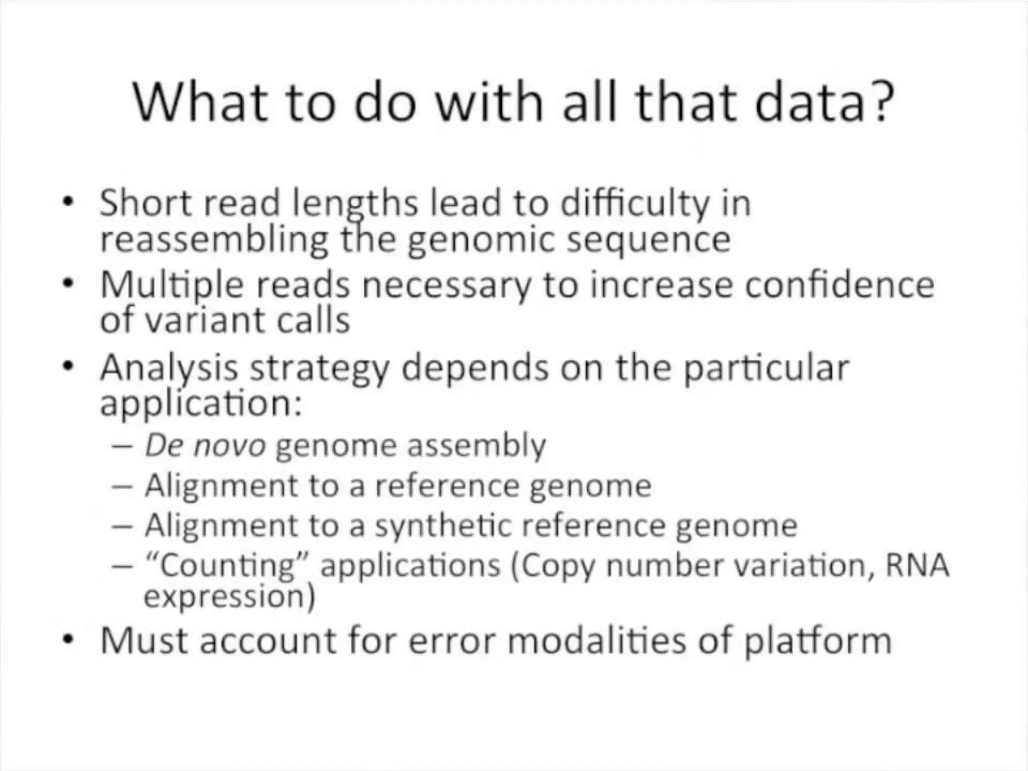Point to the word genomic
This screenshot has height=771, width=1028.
click(x=481, y=240)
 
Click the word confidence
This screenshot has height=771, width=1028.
click(x=839, y=285)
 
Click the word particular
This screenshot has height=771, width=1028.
click(x=766, y=368)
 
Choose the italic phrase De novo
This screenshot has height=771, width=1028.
click(x=205, y=445)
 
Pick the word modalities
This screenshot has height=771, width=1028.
click(x=597, y=640)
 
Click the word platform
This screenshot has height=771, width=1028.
click(x=818, y=641)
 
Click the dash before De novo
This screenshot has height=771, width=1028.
click(x=122, y=446)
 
